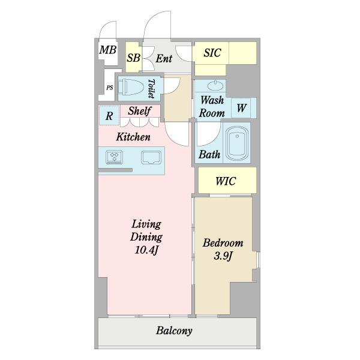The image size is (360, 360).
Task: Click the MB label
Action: (107, 50)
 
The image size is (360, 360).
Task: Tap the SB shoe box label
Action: (133, 58)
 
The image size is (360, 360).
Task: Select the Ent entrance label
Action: (164, 58)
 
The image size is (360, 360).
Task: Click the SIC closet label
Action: (212, 53)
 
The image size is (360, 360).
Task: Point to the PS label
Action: (110, 88)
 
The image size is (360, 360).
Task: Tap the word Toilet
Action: (151, 89)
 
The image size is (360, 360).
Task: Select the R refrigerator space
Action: (109, 115)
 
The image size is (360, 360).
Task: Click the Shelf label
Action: (139, 111)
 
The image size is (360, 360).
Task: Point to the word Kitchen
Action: (133, 137)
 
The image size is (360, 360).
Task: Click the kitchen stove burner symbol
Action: (114, 157)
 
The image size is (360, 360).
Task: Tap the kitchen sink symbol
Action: (151, 157)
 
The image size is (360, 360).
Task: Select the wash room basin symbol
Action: (215, 86)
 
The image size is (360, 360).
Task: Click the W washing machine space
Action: (242, 108)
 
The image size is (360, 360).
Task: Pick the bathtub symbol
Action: (237, 143)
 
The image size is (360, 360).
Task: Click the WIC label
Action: (226, 181)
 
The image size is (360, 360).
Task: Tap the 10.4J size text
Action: (146, 250)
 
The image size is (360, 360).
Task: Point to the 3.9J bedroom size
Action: (223, 256)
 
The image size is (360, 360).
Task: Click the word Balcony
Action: (174, 331)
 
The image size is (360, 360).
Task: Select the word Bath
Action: (209, 155)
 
